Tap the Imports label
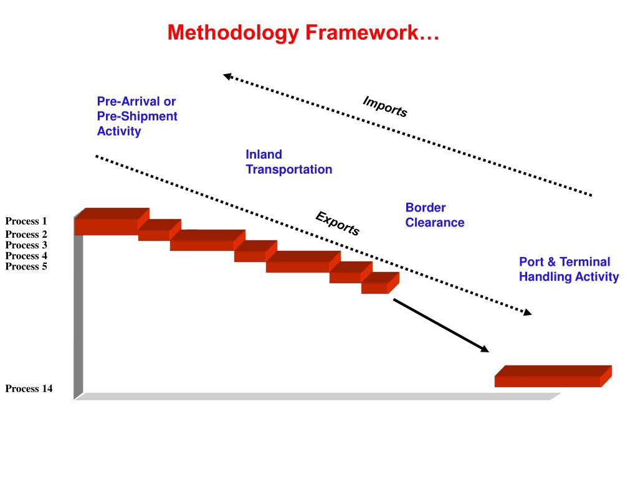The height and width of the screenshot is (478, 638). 385,107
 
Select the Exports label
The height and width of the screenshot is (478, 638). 337,223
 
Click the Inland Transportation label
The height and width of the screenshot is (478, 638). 288,162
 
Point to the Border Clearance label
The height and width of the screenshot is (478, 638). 434,215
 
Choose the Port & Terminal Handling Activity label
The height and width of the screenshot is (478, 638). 569,269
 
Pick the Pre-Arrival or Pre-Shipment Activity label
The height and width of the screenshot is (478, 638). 136,116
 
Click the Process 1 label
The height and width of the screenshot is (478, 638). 26,221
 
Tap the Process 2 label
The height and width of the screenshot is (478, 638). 26,235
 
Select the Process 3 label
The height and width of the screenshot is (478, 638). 26,245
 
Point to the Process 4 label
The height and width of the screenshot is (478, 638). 26,256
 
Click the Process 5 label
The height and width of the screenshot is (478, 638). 26,266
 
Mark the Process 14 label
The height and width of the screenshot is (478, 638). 29,389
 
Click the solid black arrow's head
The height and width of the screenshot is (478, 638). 484,349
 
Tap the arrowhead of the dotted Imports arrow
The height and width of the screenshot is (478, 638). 229,77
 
